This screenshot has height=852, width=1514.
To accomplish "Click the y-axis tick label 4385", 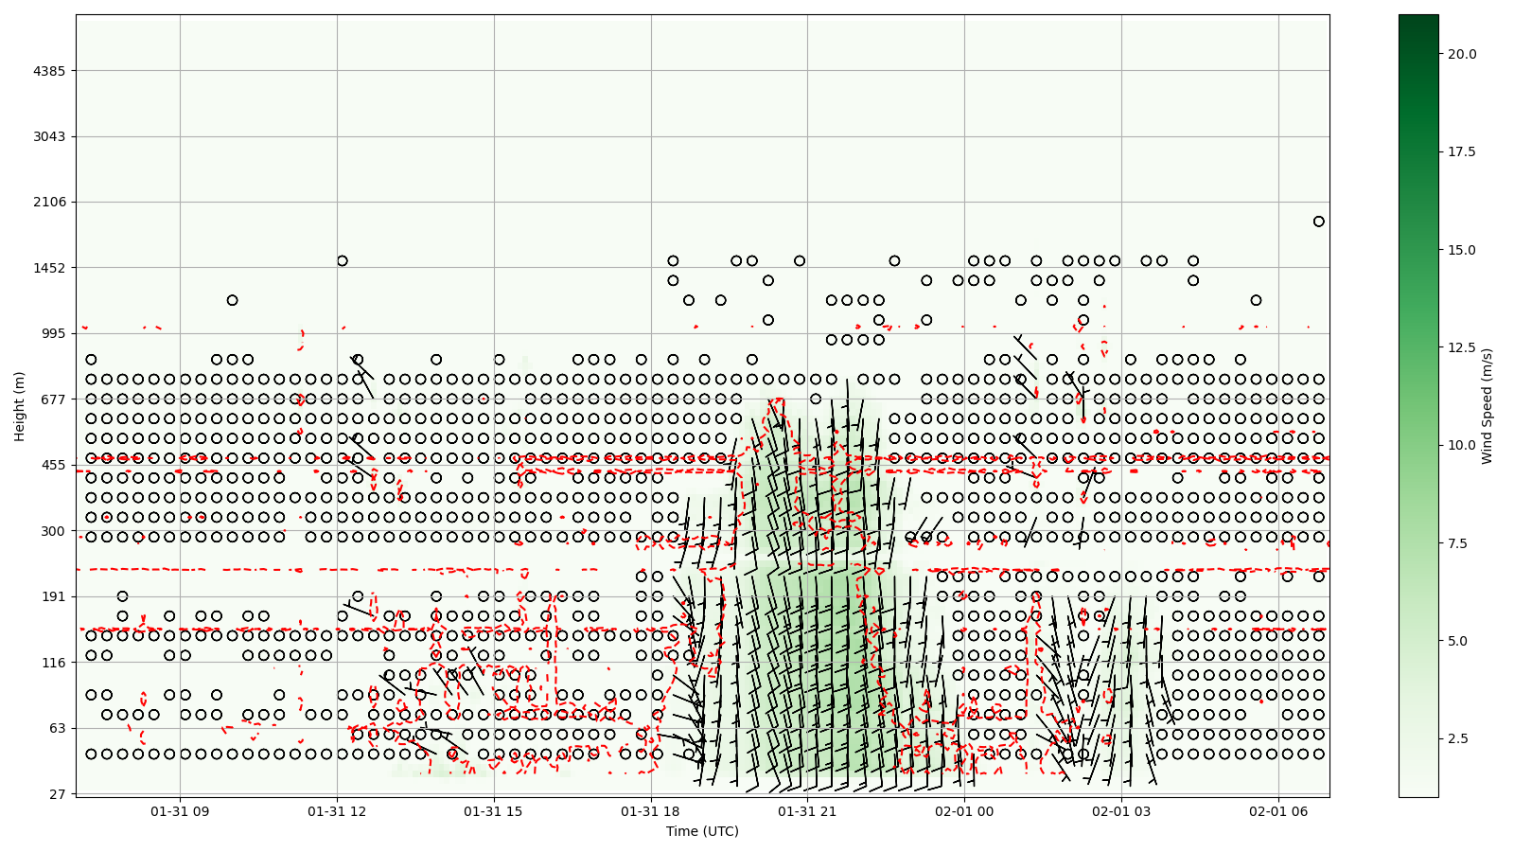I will coord(50,71).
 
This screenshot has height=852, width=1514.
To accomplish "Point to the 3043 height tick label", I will coord(50,136).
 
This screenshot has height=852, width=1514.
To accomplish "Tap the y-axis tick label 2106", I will coord(50,202).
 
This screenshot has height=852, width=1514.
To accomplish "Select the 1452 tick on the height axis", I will coord(50,267).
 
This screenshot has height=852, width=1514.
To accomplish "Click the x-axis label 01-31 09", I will coord(180,811).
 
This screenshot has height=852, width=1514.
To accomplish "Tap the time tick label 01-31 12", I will coord(337,811).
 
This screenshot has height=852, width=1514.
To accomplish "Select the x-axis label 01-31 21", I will coord(807,811).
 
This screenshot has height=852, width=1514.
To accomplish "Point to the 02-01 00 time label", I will coord(964,811).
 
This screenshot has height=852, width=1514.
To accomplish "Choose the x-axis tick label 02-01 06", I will coord(1278,811).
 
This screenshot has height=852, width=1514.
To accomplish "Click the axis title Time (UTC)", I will coord(702,831).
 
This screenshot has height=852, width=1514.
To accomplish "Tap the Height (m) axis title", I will coord(20,406).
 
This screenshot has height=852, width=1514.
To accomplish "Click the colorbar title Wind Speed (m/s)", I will coord(1487,406).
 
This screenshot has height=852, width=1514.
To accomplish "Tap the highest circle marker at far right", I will coord(1318,222).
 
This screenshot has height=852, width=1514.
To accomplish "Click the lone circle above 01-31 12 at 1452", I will coord(342,260).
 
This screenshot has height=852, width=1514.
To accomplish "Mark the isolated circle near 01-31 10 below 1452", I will coord(232,300).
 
